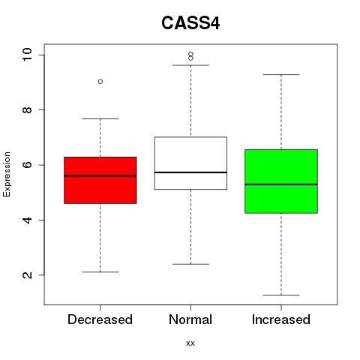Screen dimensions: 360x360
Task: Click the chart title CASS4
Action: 190,23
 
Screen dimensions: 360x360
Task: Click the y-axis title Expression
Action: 7,174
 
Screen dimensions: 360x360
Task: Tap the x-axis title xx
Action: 190,343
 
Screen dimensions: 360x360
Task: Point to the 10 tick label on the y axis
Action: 27,55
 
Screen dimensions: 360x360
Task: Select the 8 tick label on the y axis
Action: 27,109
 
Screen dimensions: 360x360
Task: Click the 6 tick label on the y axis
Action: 27,165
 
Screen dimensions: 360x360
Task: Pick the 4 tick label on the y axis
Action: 27,220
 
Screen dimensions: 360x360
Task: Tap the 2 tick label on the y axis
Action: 27,275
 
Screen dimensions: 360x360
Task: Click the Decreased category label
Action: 100,319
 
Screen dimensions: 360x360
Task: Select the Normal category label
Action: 190,319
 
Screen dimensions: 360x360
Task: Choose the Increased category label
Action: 281,319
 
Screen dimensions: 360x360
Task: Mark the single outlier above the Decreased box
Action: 100,82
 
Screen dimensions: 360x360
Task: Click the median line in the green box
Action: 281,184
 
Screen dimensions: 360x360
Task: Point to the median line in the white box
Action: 190,172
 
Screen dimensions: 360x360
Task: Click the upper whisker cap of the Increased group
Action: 281,74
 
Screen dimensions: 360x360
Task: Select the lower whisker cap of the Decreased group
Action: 100,271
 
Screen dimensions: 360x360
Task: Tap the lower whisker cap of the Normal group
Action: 190,264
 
